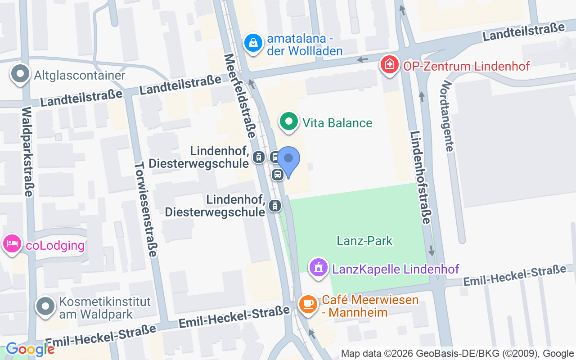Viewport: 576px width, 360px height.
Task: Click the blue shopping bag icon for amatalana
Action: pos(253,43)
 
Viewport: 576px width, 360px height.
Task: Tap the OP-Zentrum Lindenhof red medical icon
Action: pos(390,64)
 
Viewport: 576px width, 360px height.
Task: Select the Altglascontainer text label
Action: pos(80,75)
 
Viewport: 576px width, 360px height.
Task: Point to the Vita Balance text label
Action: pos(337,123)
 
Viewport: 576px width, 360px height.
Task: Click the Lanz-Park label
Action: pos(364,241)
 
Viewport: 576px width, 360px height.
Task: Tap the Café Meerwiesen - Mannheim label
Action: pos(370,306)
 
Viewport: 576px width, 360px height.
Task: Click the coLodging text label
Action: pos(55,246)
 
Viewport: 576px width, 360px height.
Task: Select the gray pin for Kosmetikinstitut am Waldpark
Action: pos(45,306)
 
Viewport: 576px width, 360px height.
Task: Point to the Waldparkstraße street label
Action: pos(27,152)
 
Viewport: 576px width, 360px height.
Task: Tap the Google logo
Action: pos(30,349)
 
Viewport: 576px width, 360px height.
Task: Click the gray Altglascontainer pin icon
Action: pos(20,74)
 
